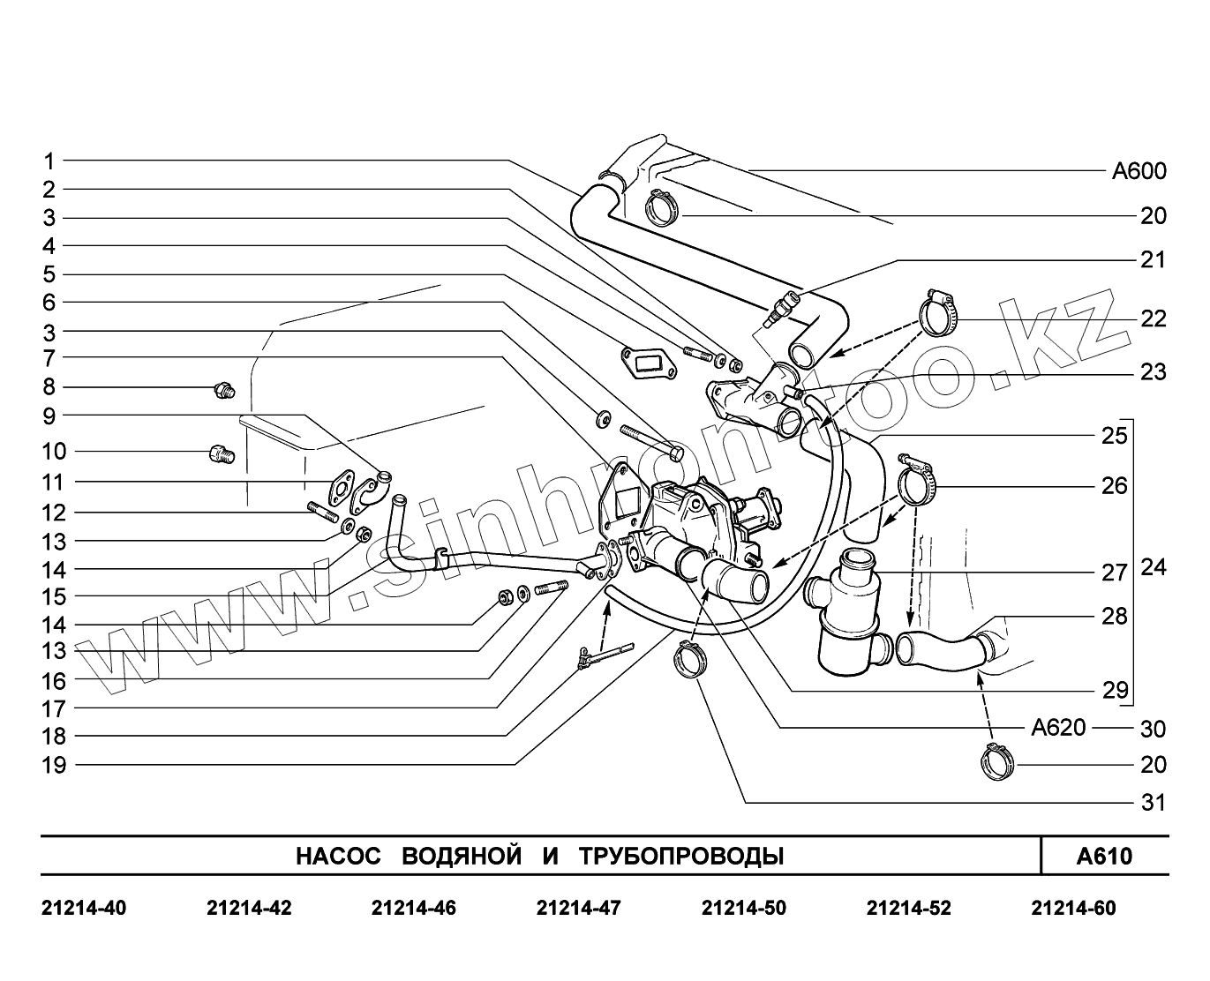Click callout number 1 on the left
tap(49, 161)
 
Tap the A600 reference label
tap(1139, 171)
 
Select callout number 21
tap(1154, 260)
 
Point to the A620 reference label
tap(1058, 727)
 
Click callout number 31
tap(1154, 803)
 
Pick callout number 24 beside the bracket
tap(1154, 567)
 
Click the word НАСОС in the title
tap(338, 856)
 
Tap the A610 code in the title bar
tap(1104, 856)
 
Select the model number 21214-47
tap(578, 909)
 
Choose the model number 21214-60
tap(1073, 909)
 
